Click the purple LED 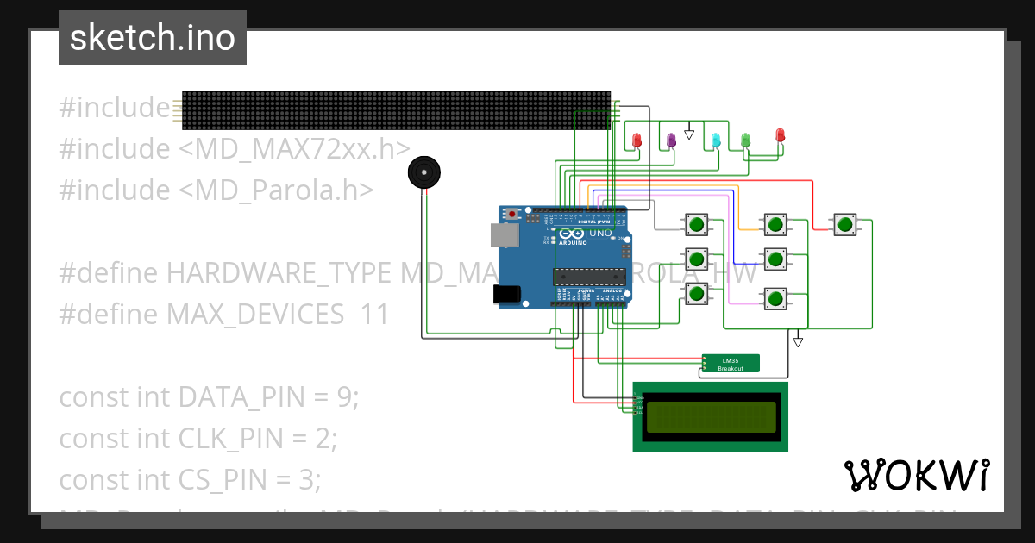tap(671, 140)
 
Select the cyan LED tap(715, 140)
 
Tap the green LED tap(745, 140)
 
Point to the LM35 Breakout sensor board tap(731, 364)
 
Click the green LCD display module tap(710, 416)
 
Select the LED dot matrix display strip tap(396, 110)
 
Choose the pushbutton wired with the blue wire tap(775, 258)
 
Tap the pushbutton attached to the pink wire tap(775, 298)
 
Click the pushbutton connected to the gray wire tap(696, 226)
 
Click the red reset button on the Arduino tap(513, 213)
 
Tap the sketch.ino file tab tap(153, 38)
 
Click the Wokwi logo tap(916, 475)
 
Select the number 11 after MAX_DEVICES tap(375, 315)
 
